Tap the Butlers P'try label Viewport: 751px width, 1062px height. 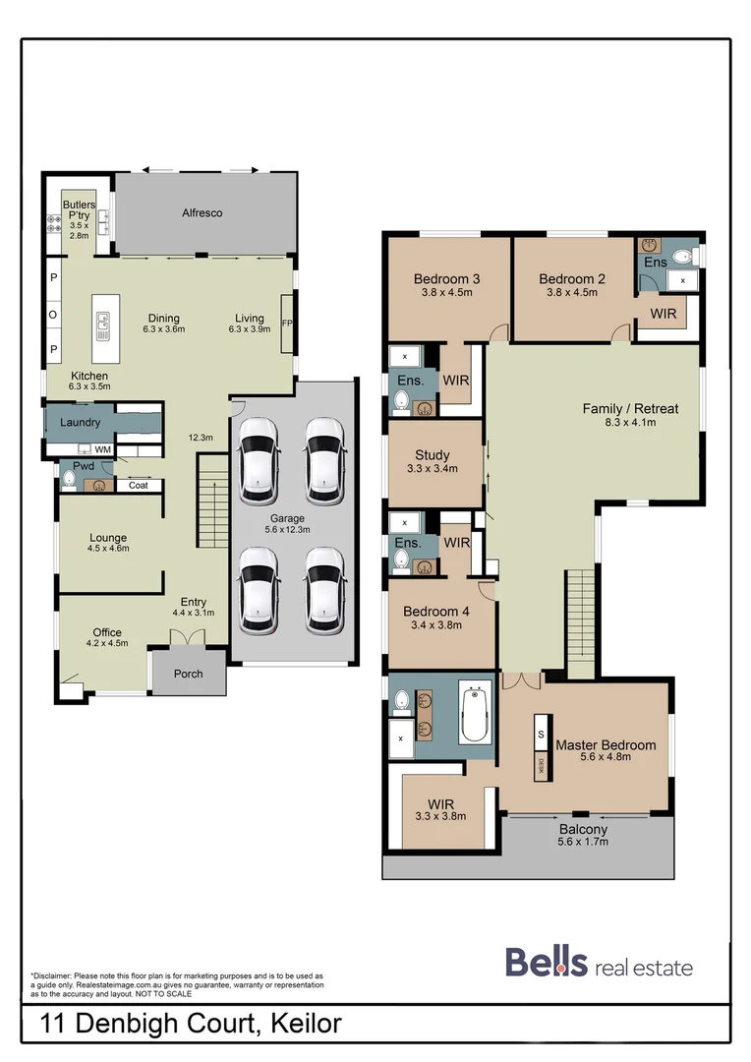[79, 211]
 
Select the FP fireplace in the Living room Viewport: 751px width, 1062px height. [286, 324]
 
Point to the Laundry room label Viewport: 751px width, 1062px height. [80, 423]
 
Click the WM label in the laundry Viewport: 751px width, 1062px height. [102, 449]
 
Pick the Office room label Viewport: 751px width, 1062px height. [106, 632]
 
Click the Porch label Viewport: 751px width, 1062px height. [188, 674]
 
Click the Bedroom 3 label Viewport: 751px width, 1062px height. [446, 278]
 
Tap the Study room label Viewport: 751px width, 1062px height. [433, 455]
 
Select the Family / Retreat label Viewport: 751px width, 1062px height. [630, 409]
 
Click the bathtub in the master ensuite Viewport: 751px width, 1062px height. [476, 713]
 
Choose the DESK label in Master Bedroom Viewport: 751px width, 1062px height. [539, 764]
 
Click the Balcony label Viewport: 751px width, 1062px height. [582, 829]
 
